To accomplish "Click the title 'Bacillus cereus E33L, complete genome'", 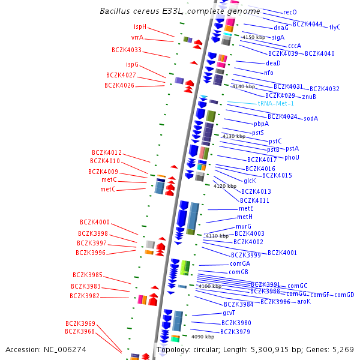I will coord(180,11).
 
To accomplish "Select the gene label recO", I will coord(290,12).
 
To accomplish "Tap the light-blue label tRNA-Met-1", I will coord(276,103).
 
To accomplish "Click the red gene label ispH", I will coord(140,26).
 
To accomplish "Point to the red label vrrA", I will coord(137,37).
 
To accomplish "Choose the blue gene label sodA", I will coord(311,118).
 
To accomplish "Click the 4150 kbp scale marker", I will coord(253,37).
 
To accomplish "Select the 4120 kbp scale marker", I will coord(225,186).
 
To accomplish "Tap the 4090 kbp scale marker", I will coord(203,337).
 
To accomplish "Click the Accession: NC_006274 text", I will coord(46,349).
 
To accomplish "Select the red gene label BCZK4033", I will coord(127,50).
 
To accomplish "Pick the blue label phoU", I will coord(292,157).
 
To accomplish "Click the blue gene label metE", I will coord(246,208).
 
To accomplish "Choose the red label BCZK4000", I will coord(95,222).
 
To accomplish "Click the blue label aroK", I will coord(304,301).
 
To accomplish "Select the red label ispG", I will coord(132,64).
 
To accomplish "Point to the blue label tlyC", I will coord(335,27).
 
